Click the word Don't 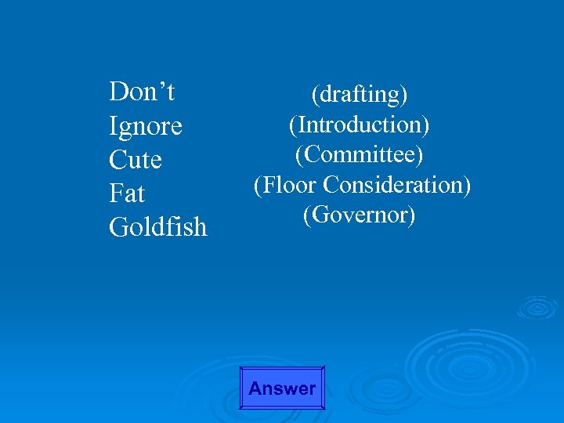click(x=142, y=92)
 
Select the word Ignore click(x=146, y=126)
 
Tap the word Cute click(x=136, y=160)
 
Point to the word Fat click(x=128, y=193)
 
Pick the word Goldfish click(x=158, y=227)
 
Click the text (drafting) click(x=360, y=95)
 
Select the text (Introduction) click(x=359, y=125)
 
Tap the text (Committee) click(x=359, y=154)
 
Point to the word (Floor click(x=286, y=185)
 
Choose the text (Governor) click(x=359, y=215)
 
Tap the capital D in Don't click(x=118, y=92)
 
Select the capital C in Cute click(x=117, y=160)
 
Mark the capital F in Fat click(x=116, y=193)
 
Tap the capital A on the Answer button click(x=255, y=389)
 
